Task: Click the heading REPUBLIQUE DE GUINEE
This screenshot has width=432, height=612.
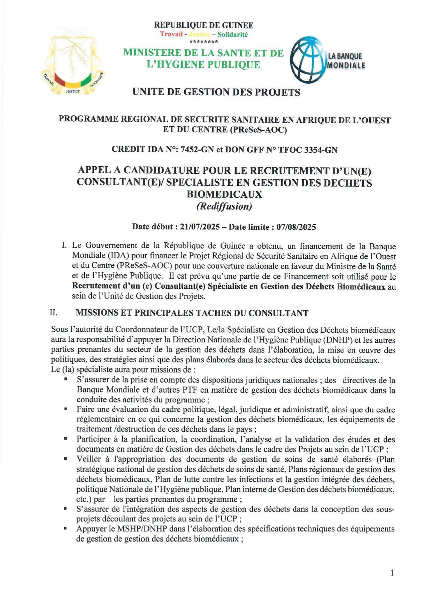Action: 203,25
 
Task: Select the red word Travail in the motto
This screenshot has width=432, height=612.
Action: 171,34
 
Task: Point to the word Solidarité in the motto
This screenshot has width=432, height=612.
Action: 232,35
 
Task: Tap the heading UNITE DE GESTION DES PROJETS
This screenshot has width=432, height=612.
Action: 216,92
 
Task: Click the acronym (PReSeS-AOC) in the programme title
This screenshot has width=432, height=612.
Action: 258,130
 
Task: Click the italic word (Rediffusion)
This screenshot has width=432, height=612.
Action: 224,206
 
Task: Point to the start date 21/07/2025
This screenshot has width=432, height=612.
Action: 200,227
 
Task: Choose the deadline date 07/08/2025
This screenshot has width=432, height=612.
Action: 296,227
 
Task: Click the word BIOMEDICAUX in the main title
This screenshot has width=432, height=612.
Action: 224,194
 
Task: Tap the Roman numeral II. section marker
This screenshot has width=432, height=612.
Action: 54,312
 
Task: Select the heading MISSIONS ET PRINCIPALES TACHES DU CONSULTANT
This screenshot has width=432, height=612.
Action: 192,313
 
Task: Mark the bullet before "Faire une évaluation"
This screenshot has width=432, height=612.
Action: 66,408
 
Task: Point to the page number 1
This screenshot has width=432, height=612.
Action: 392,573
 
